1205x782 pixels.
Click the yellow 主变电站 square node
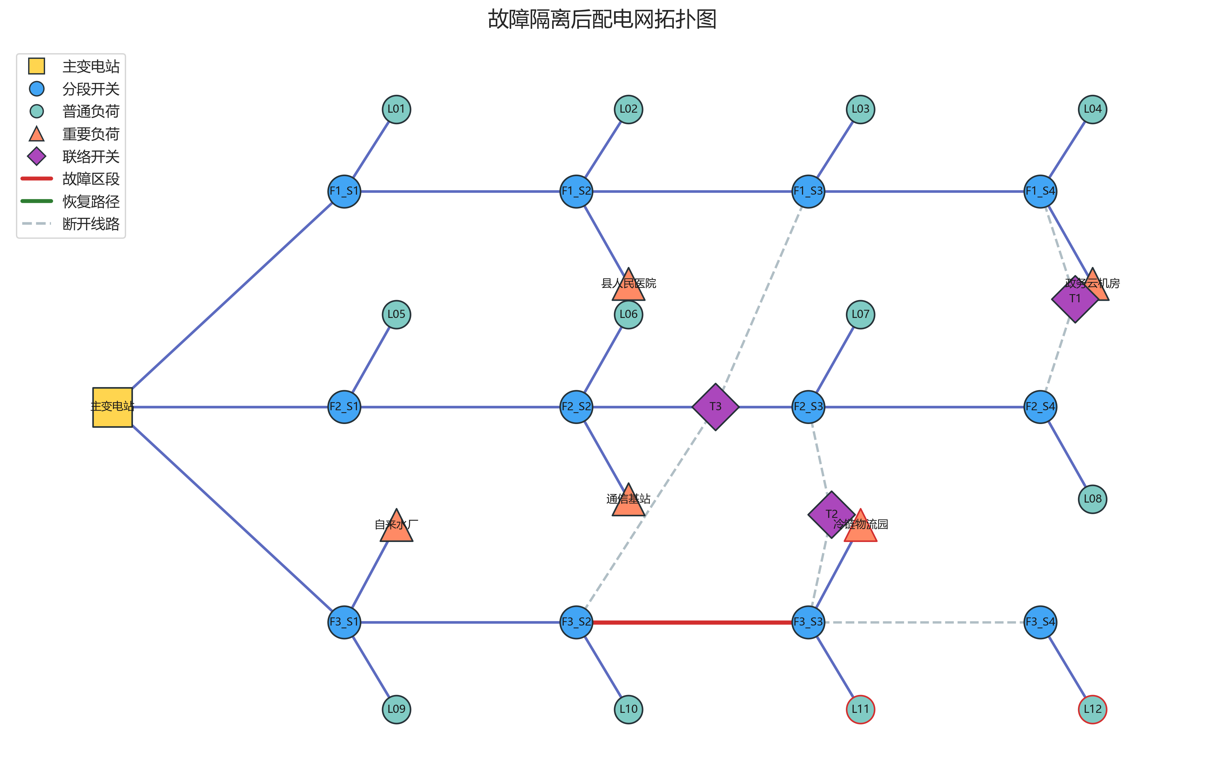[112, 407]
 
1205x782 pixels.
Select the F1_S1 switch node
[344, 192]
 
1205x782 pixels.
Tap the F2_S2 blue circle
[576, 407]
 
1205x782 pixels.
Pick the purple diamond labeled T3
[715, 407]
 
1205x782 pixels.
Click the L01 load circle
[396, 110]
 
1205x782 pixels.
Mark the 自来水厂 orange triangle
[396, 528]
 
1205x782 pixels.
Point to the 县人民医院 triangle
[628, 287]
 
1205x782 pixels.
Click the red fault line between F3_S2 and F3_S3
[692, 622]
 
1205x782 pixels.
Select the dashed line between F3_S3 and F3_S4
[924, 622]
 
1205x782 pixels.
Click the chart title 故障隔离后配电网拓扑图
[602, 19]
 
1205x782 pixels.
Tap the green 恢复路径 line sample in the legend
[37, 201]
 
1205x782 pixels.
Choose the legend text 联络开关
[91, 156]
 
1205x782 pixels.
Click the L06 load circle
[628, 314]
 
